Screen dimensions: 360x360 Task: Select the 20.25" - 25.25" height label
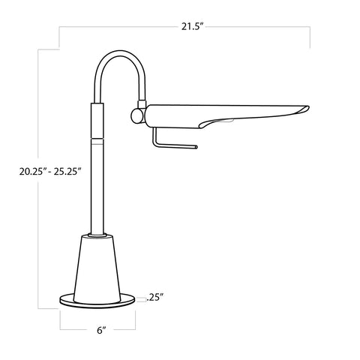pyautogui.click(x=51, y=170)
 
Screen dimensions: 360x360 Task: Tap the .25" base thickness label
pyautogui.click(x=155, y=296)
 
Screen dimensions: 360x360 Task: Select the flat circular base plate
pyautogui.click(x=98, y=301)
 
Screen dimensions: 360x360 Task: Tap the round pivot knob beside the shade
pyautogui.click(x=136, y=116)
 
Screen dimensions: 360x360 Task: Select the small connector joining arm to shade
pyautogui.click(x=139, y=103)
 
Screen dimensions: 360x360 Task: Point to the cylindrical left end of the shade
pyautogui.click(x=150, y=116)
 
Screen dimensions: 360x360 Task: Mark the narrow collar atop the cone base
pyautogui.click(x=97, y=235)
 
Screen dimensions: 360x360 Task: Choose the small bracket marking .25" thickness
pyautogui.click(x=140, y=297)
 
